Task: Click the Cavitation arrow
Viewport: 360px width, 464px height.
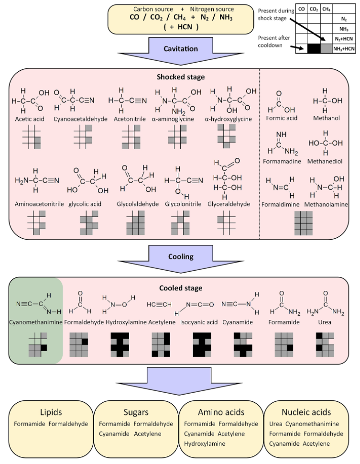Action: (181, 49)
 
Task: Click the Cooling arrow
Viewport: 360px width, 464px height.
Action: (181, 257)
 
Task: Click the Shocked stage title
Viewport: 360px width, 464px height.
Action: (180, 77)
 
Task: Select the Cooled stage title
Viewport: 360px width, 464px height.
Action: (180, 288)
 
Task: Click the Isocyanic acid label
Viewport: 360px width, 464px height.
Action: (197, 322)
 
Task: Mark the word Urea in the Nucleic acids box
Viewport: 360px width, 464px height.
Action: (276, 424)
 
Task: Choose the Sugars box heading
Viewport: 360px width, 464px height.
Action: (136, 412)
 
